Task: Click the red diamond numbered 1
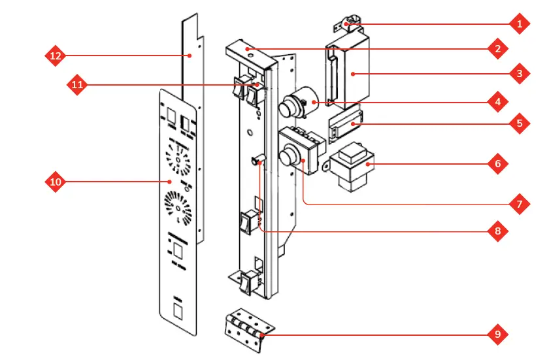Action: coord(519,24)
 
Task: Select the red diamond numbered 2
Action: coord(497,48)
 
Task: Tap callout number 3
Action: coord(519,73)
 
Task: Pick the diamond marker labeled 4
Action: coord(497,102)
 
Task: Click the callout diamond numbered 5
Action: coord(519,123)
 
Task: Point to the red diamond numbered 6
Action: coord(497,163)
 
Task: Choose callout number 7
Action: coord(519,204)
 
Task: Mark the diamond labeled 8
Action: coord(497,231)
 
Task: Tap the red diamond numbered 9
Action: coord(497,334)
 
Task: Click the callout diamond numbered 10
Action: coord(56,182)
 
